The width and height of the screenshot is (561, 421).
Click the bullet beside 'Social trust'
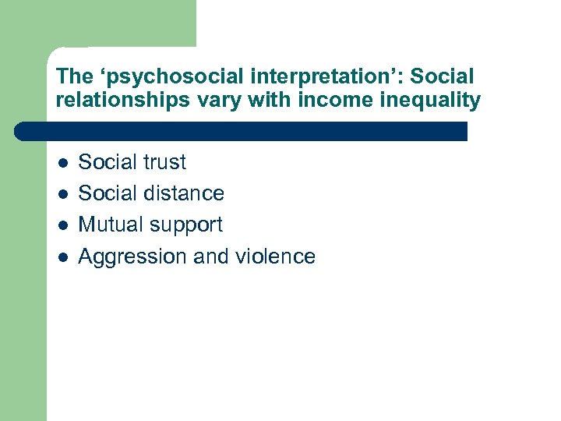pos(62,163)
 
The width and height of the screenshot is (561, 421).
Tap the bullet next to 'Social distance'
pos(62,194)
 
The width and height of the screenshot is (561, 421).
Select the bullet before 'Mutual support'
pos(62,225)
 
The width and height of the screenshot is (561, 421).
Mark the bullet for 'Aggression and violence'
pos(62,256)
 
